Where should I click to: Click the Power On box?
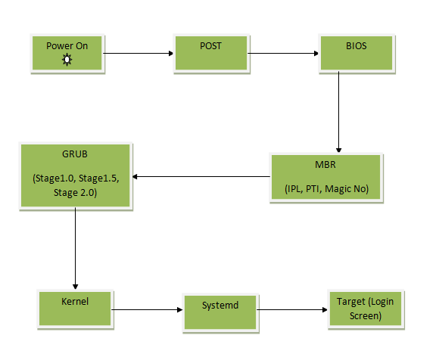67,53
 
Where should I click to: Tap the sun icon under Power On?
67,60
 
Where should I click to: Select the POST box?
211,53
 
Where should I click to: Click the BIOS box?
356,53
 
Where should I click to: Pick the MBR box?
326,177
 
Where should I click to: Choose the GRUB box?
76,176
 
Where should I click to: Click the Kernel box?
75,309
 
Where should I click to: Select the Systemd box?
220,312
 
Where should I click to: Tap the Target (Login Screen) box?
366,309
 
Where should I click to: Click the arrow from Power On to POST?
139,53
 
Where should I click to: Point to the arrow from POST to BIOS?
283,53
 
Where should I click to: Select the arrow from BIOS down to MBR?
338,112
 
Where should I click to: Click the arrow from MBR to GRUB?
201,176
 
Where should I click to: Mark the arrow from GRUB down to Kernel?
75,248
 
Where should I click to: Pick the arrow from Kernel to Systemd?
147,309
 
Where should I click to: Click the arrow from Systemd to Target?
292,309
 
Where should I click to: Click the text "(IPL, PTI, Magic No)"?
326,189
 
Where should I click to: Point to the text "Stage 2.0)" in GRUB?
75,193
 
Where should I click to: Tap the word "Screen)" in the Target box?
366,316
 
